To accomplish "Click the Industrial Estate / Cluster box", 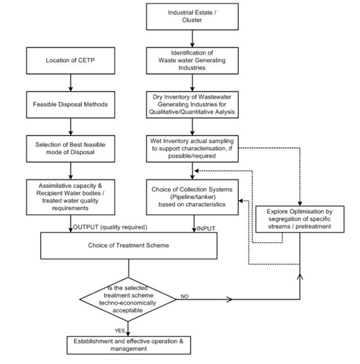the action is [192, 16].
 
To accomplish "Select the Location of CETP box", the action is [70, 61].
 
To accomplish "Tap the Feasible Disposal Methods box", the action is [70, 104].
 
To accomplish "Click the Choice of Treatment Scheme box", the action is [129, 246].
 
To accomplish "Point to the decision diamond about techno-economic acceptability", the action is [128, 300].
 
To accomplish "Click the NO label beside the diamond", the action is [184, 297].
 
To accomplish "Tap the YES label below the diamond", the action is [120, 331].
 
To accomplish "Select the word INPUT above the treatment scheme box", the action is [206, 228].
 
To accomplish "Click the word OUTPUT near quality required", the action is [86, 227].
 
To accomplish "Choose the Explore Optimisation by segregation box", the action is [300, 219].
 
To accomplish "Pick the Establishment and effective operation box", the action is [129, 345].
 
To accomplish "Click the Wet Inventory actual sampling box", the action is [192, 149].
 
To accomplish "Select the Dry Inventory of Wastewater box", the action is [192, 104].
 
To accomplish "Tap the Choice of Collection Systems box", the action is [192, 197].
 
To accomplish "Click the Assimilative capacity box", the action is [70, 197].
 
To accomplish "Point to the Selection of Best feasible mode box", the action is [70, 149].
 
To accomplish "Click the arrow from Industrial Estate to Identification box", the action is [192, 39].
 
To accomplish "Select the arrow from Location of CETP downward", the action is [71, 83].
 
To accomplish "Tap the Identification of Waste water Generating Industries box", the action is [192, 61].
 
